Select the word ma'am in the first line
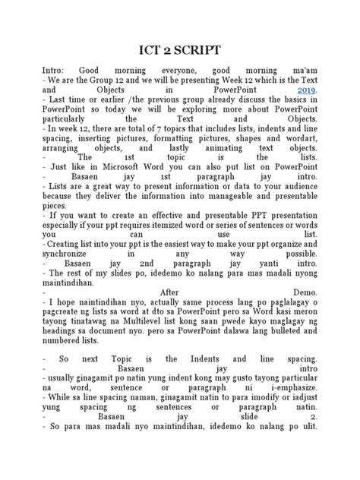(x=303, y=68)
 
